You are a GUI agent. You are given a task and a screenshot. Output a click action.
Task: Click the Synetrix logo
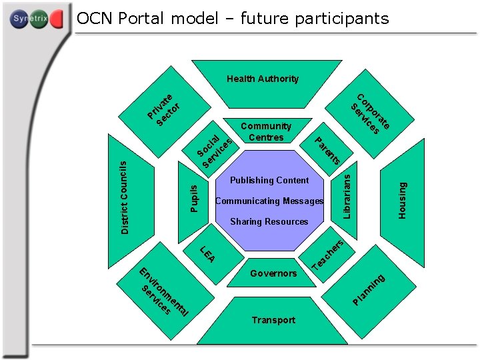37,20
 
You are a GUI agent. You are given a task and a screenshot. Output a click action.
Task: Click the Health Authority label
263,79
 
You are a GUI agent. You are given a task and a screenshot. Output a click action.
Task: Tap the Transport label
273,320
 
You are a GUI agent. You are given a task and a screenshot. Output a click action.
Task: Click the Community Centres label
266,131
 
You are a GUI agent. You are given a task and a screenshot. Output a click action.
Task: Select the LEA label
208,254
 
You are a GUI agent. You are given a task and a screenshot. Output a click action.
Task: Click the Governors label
273,273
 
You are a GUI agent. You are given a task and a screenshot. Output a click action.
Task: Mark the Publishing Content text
269,180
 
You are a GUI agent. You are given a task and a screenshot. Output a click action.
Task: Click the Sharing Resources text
269,221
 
